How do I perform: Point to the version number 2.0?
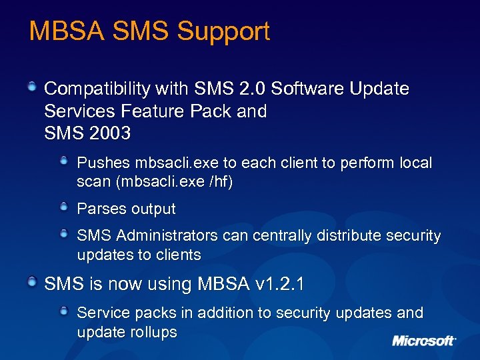(x=253, y=89)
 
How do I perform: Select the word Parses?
(x=100, y=209)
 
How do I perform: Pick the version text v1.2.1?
(x=280, y=285)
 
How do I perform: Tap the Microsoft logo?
(x=424, y=341)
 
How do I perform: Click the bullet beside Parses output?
(x=63, y=208)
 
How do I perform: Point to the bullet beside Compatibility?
(x=31, y=87)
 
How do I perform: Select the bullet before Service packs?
(x=63, y=311)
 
